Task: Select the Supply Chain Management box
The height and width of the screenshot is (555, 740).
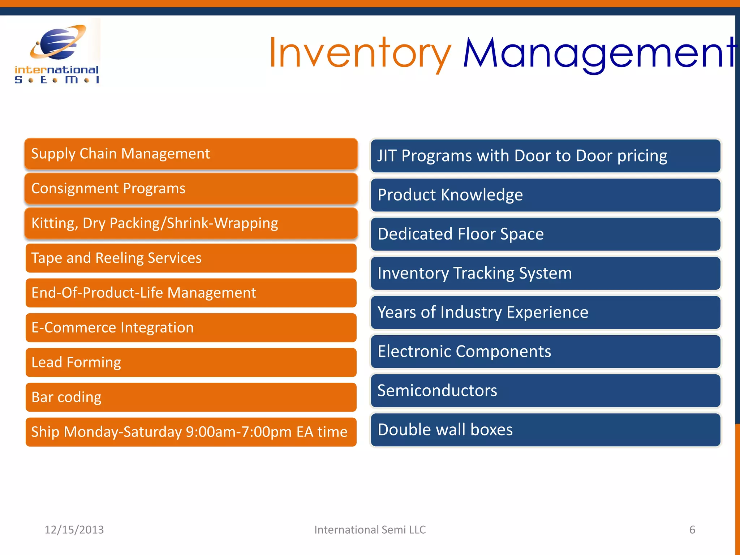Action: pyautogui.click(x=191, y=154)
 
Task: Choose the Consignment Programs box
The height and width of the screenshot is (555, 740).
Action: pyautogui.click(x=191, y=188)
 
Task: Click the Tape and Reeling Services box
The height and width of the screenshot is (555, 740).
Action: pyautogui.click(x=191, y=258)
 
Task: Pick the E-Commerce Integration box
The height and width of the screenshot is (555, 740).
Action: pyautogui.click(x=191, y=327)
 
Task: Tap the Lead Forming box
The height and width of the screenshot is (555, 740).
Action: pyautogui.click(x=191, y=362)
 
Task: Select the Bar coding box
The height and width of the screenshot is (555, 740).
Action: pyautogui.click(x=191, y=397)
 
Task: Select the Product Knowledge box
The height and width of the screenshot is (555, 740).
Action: pyautogui.click(x=546, y=195)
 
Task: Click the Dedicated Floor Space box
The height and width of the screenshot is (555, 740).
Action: pyautogui.click(x=546, y=234)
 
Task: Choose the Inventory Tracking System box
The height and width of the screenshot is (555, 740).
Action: pyautogui.click(x=546, y=273)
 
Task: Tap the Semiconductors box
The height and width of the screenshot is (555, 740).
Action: pyautogui.click(x=546, y=391)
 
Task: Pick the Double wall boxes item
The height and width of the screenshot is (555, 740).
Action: pyautogui.click(x=546, y=430)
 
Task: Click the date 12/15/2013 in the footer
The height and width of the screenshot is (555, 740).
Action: pyautogui.click(x=74, y=530)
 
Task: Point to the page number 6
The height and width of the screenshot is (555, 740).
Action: pyautogui.click(x=692, y=530)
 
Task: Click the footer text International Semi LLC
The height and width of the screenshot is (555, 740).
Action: pyautogui.click(x=370, y=530)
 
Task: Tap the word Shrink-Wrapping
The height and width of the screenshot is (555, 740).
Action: pyautogui.click(x=222, y=223)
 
